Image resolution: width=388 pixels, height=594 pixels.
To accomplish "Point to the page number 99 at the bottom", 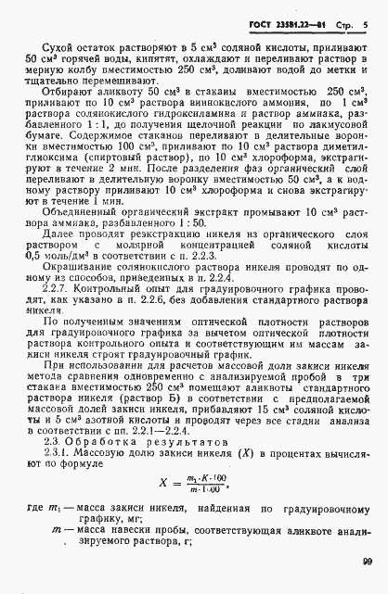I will tap(366, 585).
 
